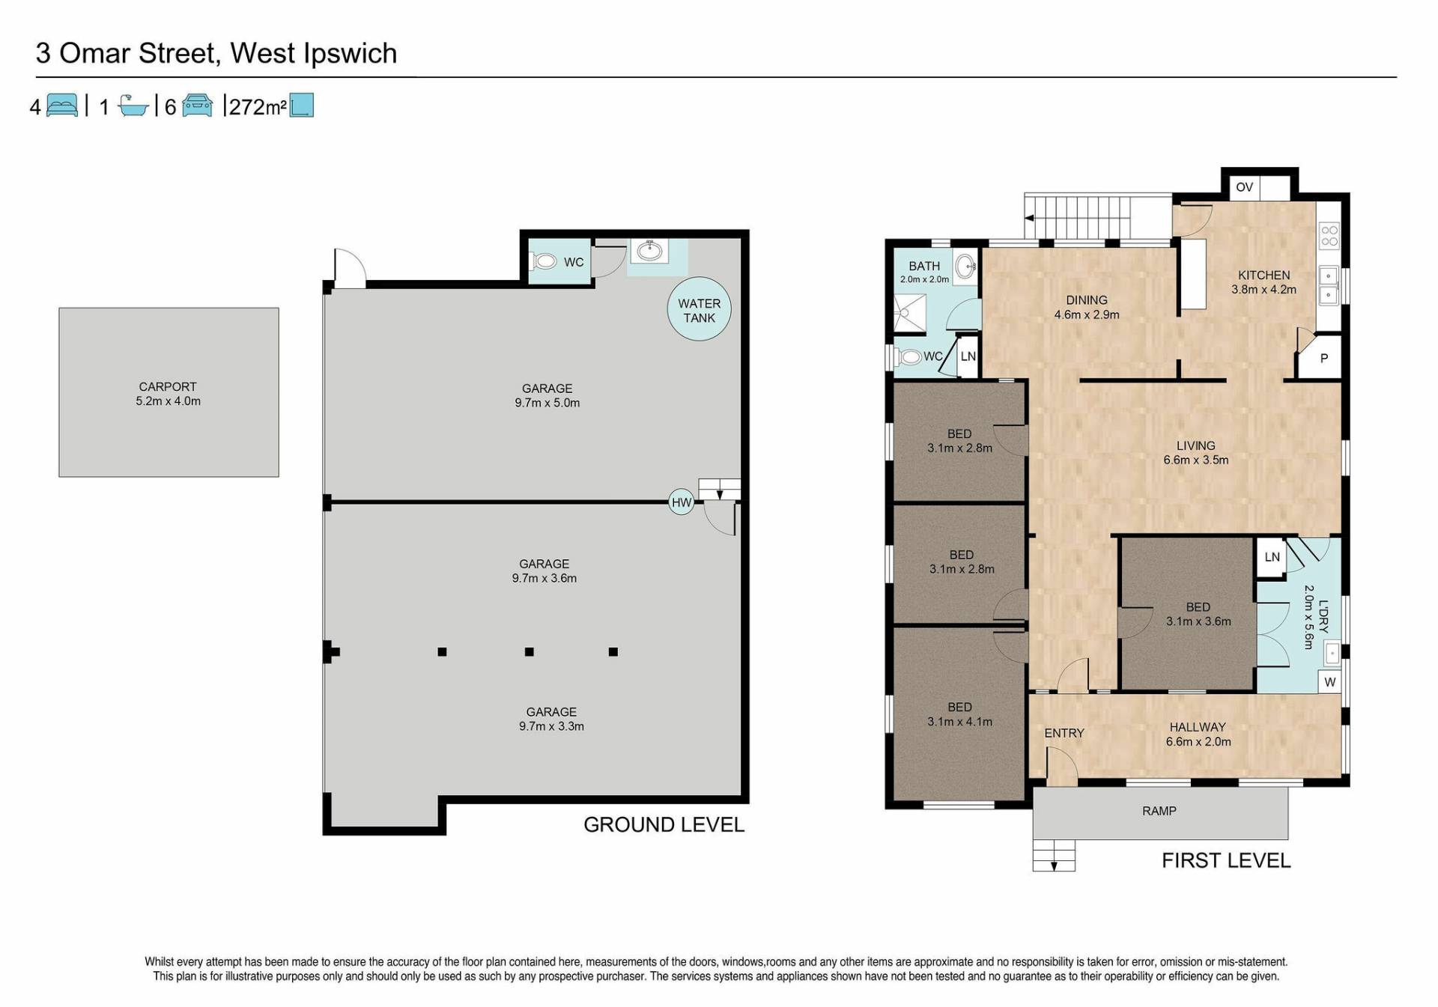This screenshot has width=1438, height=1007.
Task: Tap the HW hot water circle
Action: point(682,502)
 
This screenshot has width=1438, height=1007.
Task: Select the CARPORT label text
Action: point(168,386)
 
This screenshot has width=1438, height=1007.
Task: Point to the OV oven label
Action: point(1244,187)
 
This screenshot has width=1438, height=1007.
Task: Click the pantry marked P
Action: point(1322,358)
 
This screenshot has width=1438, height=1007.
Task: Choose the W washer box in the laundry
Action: point(1330,682)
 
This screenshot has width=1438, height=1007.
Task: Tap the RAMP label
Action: point(1159,811)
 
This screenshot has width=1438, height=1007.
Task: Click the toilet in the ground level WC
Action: point(544,261)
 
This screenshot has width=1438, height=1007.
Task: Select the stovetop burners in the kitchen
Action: point(1329,236)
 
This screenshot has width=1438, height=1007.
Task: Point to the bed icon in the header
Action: point(62,106)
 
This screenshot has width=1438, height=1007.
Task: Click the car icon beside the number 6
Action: point(197,106)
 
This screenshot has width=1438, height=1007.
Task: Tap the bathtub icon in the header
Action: point(134,106)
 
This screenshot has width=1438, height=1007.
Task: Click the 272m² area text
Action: point(258,107)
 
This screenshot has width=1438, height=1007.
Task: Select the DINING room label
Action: point(1087,300)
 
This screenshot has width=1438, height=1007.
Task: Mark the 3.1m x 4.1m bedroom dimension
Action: point(960,722)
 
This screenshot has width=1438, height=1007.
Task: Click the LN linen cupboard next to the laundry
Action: point(1272,557)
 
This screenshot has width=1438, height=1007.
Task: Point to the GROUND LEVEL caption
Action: point(664,825)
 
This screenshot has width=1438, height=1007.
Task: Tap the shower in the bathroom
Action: point(910,313)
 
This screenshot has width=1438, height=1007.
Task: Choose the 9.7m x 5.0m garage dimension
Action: point(547,403)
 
